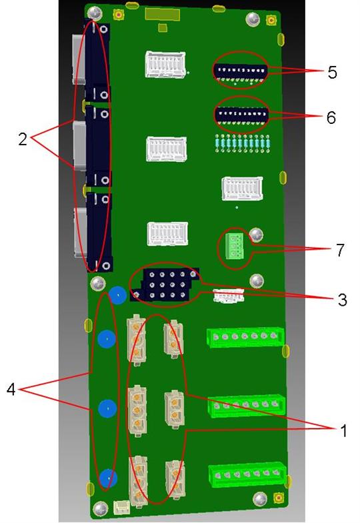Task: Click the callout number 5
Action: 332,73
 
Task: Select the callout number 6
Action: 331,117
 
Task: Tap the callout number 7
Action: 339,250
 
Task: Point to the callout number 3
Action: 342,300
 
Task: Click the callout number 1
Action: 343,430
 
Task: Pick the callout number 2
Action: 23,139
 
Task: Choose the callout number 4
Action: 11,389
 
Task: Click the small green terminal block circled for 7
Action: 235,247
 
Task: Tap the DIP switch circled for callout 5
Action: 241,71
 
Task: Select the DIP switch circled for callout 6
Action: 241,115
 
